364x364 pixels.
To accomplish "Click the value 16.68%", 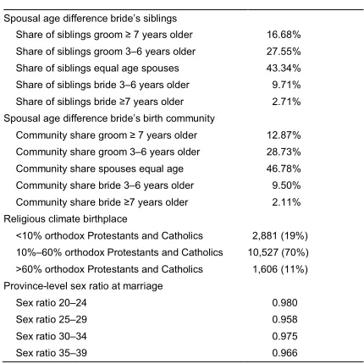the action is pos(284,35).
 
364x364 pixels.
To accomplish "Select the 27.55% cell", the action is pos(284,52).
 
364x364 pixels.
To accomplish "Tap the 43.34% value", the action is pos(284,69).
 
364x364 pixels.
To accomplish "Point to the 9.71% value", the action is pos(286,85).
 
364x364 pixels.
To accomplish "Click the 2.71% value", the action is pos(286,102).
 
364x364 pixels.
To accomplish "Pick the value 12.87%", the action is pos(284,135).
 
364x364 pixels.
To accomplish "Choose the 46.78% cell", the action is pos(284,168).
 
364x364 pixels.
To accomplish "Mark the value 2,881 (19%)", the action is pos(280,235).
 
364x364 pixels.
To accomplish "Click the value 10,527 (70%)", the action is pos(278,252).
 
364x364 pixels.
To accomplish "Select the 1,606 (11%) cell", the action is pos(280,269).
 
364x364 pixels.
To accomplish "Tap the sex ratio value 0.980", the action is pos(284,303).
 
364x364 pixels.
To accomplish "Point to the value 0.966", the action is pos(284,353).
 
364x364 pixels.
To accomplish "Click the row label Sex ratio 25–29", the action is pos(52,319).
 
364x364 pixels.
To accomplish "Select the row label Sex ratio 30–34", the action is pos(52,336).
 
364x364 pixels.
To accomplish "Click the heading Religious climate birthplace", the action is pos(65,219).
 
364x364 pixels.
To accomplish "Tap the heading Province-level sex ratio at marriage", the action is pos(83,286).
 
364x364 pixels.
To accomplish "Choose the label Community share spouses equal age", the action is pos(100,168).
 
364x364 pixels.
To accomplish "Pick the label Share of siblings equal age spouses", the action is pos(97,69).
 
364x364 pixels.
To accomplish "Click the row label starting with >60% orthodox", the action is pos(109,269).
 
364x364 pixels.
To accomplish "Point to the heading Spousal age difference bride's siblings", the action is pos(91,19).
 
